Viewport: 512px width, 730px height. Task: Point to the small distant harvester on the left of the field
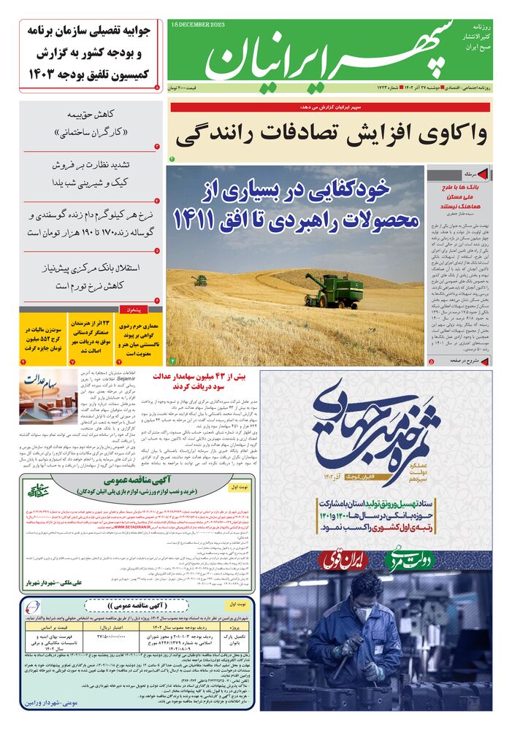point(199,280)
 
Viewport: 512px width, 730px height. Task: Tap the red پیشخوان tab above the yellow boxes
point(142,310)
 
